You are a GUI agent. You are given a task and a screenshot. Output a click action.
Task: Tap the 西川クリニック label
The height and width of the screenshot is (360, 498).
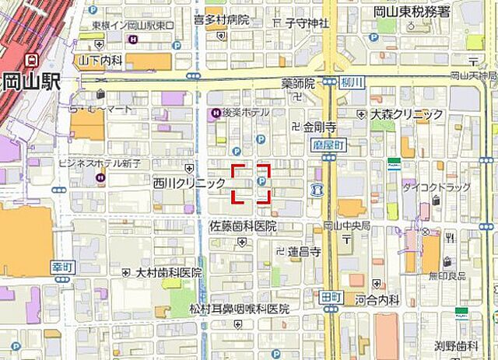click(189, 183)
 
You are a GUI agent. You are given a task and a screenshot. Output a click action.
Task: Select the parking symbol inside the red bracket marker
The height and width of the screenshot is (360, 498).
click(261, 182)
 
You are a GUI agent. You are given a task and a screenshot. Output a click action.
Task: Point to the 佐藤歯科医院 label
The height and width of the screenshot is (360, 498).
click(243, 225)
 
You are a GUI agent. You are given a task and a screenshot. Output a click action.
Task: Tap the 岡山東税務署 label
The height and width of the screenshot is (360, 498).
click(412, 12)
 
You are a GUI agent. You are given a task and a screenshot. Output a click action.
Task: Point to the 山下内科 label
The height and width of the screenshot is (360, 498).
click(100, 59)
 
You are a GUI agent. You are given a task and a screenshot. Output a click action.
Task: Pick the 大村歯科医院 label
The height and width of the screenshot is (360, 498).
click(168, 273)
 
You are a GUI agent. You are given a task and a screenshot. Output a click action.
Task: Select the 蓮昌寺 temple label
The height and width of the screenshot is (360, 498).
click(304, 251)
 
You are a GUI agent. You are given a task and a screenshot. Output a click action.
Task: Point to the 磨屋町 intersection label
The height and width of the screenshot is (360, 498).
click(329, 143)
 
